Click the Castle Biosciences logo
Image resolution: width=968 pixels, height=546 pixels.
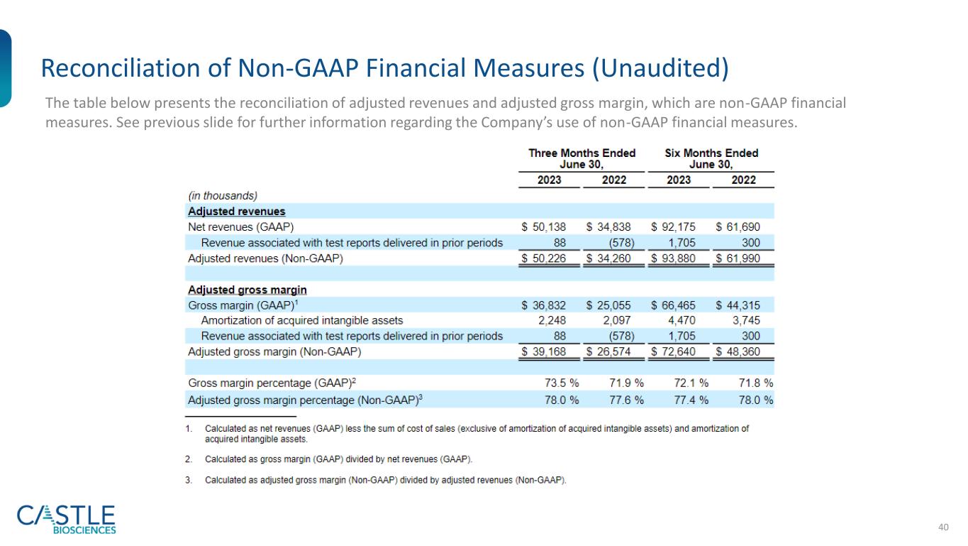(66, 518)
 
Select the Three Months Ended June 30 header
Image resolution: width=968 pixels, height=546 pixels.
(582, 158)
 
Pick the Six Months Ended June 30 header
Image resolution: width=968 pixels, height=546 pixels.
(711, 158)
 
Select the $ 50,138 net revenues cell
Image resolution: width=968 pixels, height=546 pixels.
(543, 227)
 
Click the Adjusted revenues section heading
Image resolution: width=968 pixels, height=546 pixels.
(236, 212)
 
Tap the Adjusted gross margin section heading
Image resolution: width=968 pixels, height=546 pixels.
(247, 290)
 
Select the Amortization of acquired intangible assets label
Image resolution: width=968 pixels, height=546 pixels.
(302, 320)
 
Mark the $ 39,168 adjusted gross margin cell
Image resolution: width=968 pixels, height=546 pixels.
(543, 352)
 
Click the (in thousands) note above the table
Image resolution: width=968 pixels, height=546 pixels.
(222, 195)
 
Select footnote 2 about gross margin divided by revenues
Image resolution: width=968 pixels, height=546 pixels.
(339, 459)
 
